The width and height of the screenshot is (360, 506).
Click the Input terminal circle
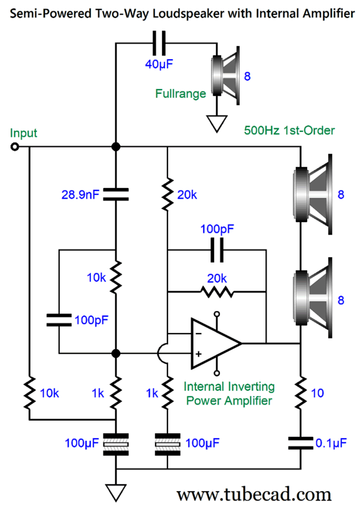click(x=14, y=147)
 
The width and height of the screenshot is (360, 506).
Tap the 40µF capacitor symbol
click(x=159, y=43)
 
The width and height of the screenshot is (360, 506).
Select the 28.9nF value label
click(x=80, y=195)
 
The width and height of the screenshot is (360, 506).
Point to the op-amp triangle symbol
click(x=216, y=344)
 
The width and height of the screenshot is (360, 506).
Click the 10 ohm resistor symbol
click(x=301, y=393)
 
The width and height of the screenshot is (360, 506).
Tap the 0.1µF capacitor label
click(x=331, y=443)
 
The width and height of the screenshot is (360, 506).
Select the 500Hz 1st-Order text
click(x=289, y=130)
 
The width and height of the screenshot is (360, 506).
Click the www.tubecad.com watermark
click(x=254, y=494)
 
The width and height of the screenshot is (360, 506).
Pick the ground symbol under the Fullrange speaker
click(x=217, y=123)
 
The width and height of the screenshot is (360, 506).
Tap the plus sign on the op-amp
click(x=199, y=354)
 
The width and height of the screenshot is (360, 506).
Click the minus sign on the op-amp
click(x=199, y=334)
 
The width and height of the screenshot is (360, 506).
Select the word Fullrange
click(x=181, y=93)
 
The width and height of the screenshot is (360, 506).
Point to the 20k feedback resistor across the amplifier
click(x=217, y=292)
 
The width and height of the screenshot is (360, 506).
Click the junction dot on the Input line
click(x=116, y=147)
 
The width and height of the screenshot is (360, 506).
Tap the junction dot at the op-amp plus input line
click(x=116, y=354)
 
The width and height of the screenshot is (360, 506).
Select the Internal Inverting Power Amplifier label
click(x=229, y=394)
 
